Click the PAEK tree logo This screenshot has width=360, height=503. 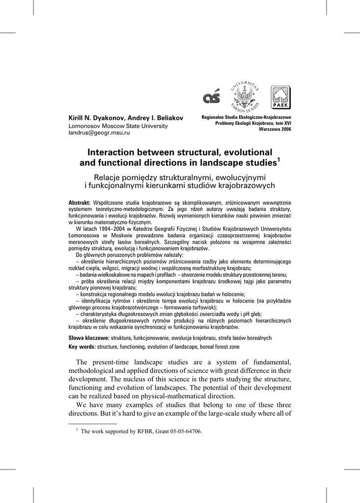coord(280,97)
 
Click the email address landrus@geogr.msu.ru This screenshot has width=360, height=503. coord(99,133)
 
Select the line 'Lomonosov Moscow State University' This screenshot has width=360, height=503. coord(117,126)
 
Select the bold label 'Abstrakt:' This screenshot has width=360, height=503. coord(80,203)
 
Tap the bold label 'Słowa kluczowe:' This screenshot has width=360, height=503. coord(88,338)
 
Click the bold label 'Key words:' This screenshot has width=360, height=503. coord(82,347)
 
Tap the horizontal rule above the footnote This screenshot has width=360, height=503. coord(93,423)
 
